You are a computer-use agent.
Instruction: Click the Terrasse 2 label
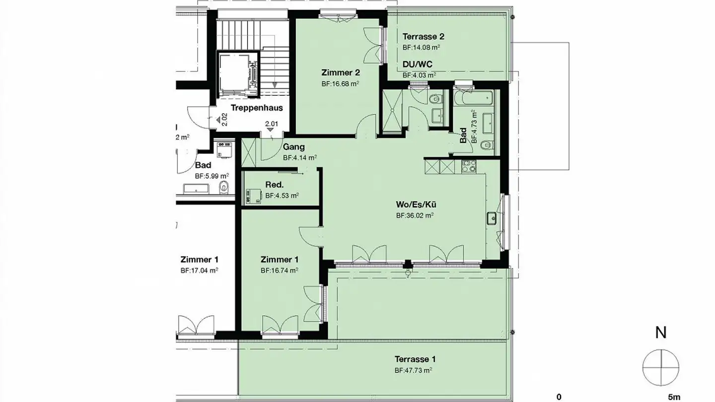[x=423, y=36]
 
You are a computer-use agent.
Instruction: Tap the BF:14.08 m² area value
[x=421, y=48]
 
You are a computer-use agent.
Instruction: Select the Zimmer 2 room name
[x=340, y=73]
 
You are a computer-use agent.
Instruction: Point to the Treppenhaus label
[x=257, y=108]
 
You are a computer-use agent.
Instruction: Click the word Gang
[x=293, y=147]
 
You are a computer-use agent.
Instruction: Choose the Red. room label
[x=275, y=185]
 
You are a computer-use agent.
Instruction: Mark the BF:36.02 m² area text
[x=415, y=216]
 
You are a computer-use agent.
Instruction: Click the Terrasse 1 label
[x=415, y=359]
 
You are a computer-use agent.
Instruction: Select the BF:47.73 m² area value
[x=413, y=370]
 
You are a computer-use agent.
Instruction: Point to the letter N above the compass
[x=660, y=333]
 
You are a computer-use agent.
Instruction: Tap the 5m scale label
[x=674, y=397]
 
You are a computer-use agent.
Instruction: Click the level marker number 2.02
[x=224, y=119]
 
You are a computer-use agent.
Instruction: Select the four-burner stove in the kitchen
[x=469, y=166]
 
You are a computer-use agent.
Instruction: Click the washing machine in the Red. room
[x=252, y=195]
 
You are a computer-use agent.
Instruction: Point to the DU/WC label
[x=417, y=65]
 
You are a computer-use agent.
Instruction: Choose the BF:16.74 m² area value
[x=279, y=271]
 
